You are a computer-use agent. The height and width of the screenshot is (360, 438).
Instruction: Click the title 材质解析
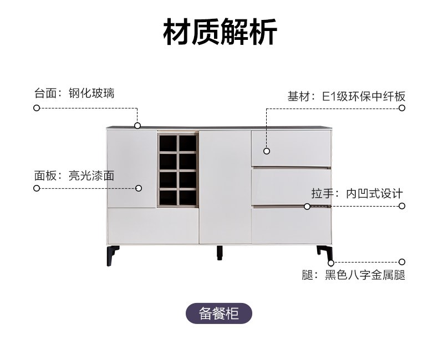click(220, 32)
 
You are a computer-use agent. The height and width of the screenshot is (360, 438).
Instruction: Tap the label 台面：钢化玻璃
click(74, 93)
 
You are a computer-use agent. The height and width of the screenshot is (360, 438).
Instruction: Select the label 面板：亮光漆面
click(74, 176)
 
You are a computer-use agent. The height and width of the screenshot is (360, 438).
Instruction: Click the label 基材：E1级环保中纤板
click(347, 96)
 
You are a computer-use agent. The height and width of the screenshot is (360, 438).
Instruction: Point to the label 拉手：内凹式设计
click(357, 193)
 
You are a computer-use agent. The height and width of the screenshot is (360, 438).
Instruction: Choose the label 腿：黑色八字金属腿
click(353, 275)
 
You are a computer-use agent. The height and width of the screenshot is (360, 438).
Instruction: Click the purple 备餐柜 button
click(219, 313)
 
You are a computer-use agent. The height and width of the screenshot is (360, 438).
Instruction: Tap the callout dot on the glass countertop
click(137, 126)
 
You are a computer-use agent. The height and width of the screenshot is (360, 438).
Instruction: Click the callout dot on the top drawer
click(267, 151)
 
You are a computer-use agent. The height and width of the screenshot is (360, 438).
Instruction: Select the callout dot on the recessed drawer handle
click(307, 207)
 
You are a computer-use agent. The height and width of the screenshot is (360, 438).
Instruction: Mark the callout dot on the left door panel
click(139, 188)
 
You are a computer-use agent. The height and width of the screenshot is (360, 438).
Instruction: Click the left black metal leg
click(113, 255)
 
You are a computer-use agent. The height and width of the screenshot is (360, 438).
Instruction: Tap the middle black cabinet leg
click(220, 253)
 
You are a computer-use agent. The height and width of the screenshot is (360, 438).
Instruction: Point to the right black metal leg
click(325, 254)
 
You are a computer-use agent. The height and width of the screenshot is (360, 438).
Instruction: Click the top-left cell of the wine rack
click(169, 143)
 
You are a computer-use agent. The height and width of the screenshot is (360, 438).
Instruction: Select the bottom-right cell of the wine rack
click(187, 198)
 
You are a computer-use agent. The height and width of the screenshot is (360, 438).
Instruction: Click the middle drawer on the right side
click(291, 186)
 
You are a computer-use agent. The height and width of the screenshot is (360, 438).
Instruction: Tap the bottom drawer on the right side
click(291, 225)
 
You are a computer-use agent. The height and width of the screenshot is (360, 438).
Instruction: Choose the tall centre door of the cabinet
click(225, 187)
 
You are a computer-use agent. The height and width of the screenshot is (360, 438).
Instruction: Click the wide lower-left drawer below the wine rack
click(153, 226)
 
